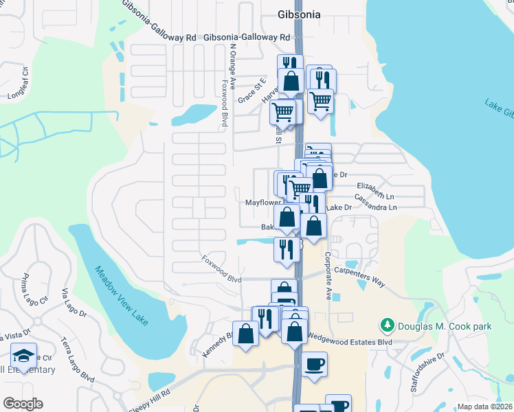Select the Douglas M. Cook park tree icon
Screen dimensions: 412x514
[x=388, y=324]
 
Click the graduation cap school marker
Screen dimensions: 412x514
[x=23, y=356]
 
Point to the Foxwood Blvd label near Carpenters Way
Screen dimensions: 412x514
[x=222, y=270]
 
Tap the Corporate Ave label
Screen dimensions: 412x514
[x=328, y=275]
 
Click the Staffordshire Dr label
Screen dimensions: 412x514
[x=427, y=373]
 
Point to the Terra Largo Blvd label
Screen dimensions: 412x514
[x=77, y=359]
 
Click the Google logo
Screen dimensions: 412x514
[x=23, y=404]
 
